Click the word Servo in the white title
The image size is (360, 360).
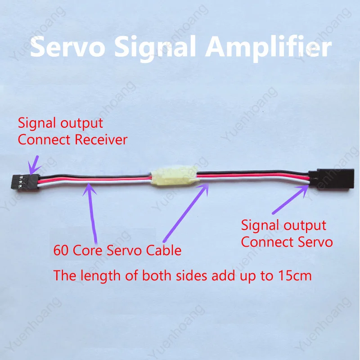pos(68,47)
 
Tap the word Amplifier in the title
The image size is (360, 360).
pos(268,48)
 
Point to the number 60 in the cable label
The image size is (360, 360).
pos(61,250)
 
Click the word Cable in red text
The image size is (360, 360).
pos(164,250)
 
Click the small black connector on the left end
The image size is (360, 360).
pos(25,182)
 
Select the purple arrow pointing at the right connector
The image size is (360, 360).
pos(290,199)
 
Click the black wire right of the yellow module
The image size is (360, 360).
pos(252,172)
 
